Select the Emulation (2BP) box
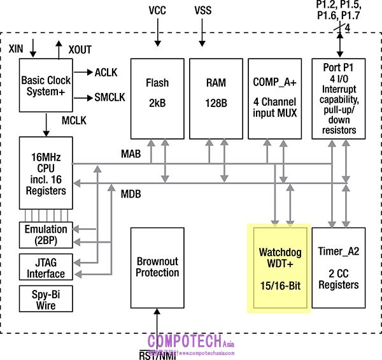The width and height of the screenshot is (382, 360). pyautogui.click(x=45, y=234)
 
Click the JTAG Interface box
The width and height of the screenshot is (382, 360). pyautogui.click(x=45, y=268)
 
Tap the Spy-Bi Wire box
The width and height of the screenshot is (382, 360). pyautogui.click(x=45, y=300)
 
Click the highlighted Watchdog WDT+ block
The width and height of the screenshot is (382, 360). pyautogui.click(x=278, y=268)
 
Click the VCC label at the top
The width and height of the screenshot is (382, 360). pyautogui.click(x=157, y=11)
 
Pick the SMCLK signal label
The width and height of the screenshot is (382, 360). pyautogui.click(x=110, y=97)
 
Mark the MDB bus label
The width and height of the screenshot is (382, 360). pyautogui.click(x=131, y=193)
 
